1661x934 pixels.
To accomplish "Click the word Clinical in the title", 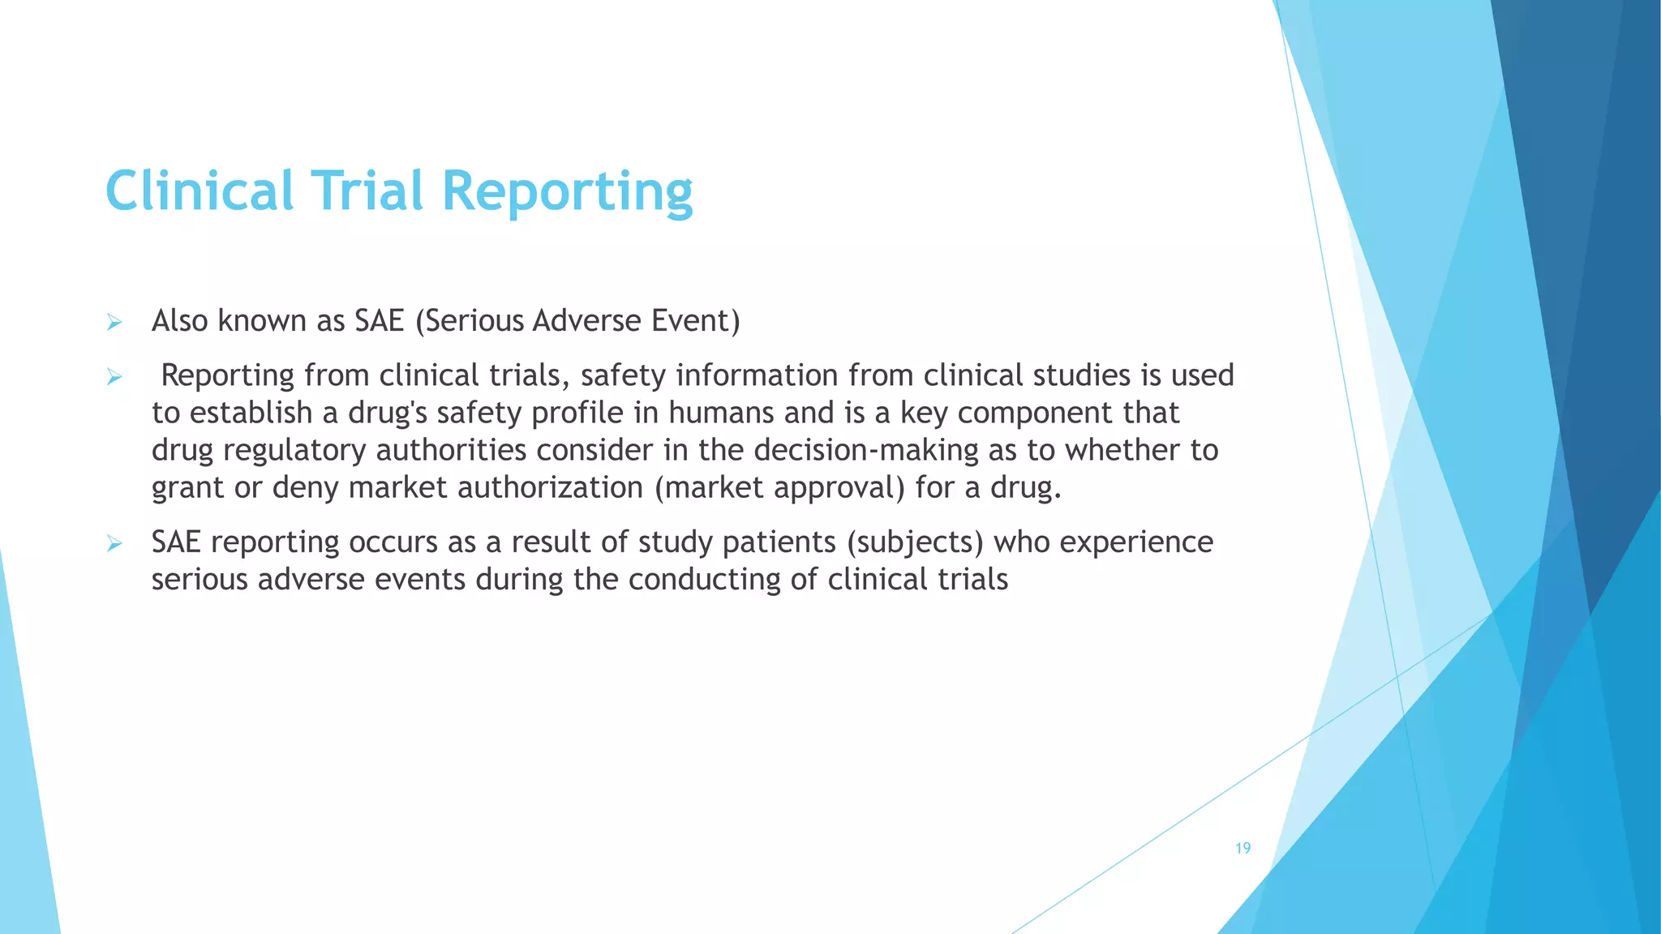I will [199, 191].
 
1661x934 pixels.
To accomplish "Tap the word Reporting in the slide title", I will [567, 193].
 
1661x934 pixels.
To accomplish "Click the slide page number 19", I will [1243, 848].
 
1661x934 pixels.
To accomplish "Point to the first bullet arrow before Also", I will [114, 323].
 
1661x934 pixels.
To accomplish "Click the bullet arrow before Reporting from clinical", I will [114, 377].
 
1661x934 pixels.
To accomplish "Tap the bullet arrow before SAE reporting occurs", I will [114, 544].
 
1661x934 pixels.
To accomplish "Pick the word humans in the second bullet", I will [710, 413].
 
